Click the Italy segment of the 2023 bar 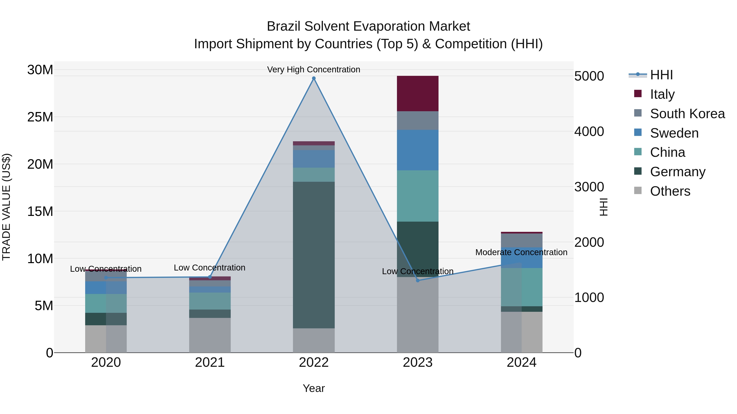coord(417,93)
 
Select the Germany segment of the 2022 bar coord(314,255)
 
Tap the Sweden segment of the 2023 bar coord(417,150)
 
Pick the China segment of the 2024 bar coord(522,287)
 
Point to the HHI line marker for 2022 coord(314,78)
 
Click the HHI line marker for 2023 coord(417,280)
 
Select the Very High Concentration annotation coord(314,70)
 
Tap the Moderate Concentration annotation coord(521,252)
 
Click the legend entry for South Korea coord(687,114)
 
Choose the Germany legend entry coord(677,172)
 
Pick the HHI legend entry coord(661,75)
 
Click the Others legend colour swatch coord(638,190)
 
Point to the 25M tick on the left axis coord(40,117)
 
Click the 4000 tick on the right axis coord(589,131)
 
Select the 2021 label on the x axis coord(210,362)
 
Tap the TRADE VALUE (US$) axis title coord(6,207)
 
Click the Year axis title coord(314,388)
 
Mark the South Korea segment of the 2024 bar coord(522,240)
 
